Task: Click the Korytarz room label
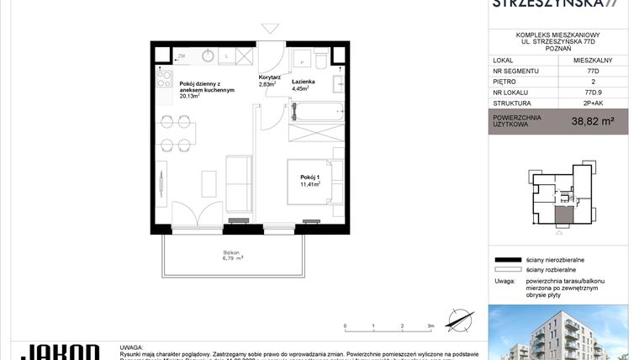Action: [269, 77]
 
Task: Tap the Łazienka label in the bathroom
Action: [304, 81]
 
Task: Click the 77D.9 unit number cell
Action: [593, 95]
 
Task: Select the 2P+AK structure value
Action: [593, 107]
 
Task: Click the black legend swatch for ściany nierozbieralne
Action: [507, 261]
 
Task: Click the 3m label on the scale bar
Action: [430, 325]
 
